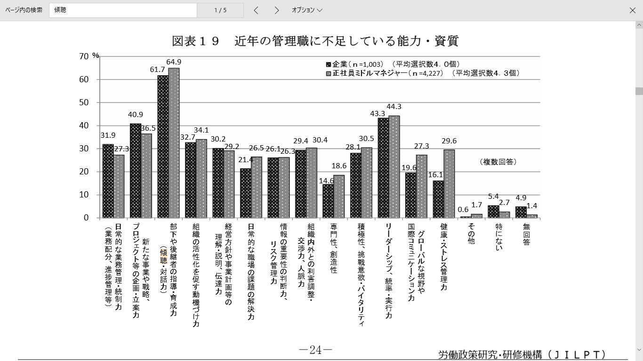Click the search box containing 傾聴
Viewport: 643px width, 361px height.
122,10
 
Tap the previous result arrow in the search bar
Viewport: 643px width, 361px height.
256,10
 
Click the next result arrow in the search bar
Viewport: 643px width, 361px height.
277,10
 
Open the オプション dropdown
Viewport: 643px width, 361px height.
307,10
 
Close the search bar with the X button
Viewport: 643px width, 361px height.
633,10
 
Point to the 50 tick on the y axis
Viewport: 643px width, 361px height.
84,102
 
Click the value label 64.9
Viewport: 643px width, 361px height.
174,62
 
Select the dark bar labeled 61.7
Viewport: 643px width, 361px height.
163,146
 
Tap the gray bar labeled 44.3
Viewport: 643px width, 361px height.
394,166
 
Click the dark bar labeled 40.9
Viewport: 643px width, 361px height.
136,170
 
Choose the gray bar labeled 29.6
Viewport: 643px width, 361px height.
449,183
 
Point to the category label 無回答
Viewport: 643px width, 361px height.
526,234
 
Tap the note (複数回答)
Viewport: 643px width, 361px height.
498,162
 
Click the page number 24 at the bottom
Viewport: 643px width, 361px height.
315,350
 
